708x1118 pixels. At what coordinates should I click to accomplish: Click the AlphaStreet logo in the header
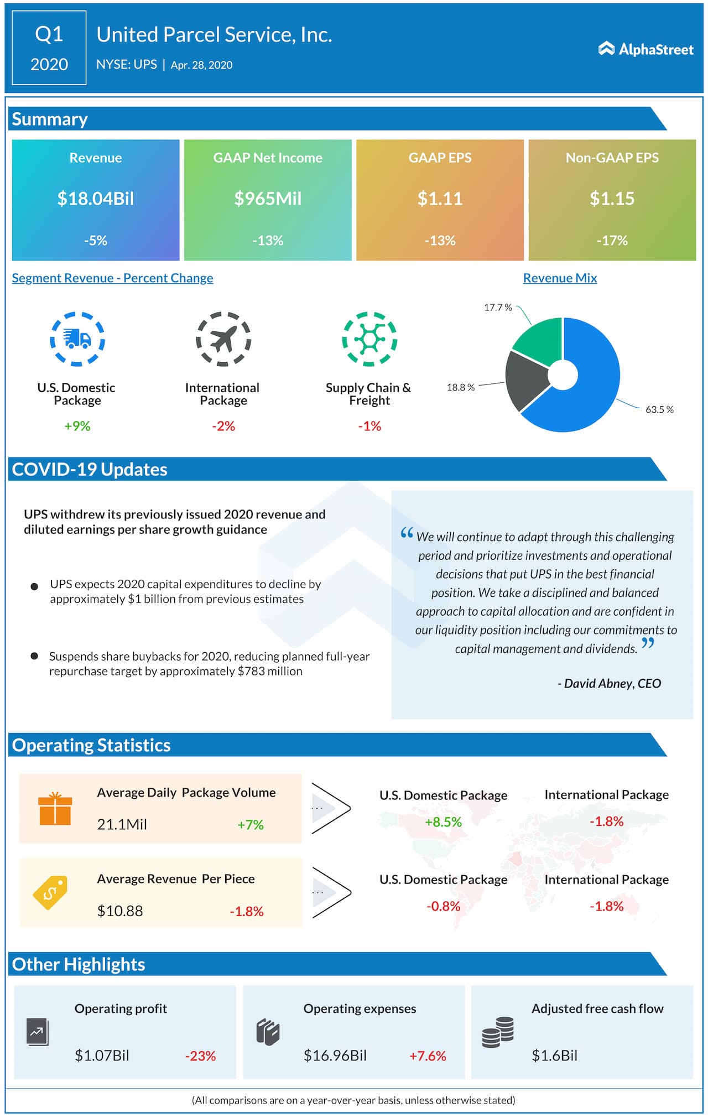(x=645, y=49)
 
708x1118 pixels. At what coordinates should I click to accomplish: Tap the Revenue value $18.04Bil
(x=96, y=199)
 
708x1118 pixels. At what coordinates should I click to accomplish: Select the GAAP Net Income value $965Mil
(x=268, y=199)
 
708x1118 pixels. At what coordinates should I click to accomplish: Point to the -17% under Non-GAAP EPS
(x=612, y=241)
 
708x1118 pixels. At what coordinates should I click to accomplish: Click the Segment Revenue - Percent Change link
(x=112, y=278)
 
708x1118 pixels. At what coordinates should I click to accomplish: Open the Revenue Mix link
(x=560, y=278)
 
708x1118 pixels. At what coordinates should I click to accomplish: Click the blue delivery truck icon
(x=77, y=339)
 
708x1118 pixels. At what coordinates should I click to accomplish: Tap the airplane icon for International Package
(x=223, y=339)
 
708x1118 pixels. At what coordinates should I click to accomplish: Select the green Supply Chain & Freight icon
(x=369, y=339)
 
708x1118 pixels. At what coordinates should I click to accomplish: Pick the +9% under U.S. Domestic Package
(x=77, y=426)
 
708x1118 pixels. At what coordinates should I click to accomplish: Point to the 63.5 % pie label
(x=659, y=410)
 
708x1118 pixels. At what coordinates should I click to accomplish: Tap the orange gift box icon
(x=55, y=809)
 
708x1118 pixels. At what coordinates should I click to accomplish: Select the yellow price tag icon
(x=50, y=892)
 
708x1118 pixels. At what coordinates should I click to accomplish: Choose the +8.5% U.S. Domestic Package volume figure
(x=443, y=822)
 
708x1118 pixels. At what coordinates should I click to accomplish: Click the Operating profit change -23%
(x=200, y=1056)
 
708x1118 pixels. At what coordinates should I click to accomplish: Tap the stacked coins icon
(x=498, y=1032)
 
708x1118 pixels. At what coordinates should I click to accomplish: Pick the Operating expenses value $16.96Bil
(x=335, y=1055)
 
